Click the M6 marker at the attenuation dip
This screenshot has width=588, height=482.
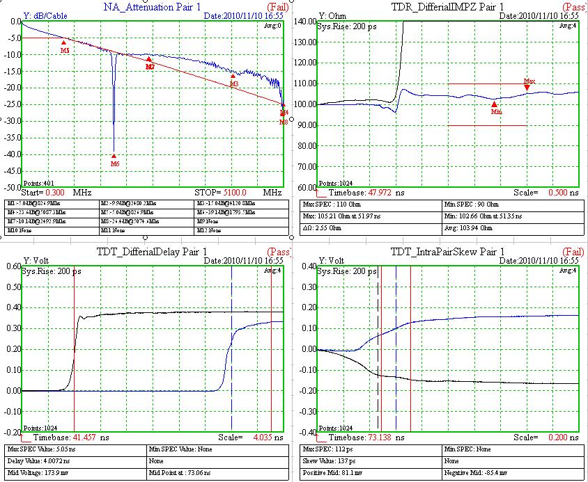click(x=114, y=156)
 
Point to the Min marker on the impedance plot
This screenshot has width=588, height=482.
click(x=495, y=104)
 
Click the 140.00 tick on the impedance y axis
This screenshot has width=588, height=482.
click(x=306, y=21)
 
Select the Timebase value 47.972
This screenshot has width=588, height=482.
click(x=383, y=192)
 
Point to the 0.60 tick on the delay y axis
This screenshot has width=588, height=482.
click(x=12, y=266)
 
